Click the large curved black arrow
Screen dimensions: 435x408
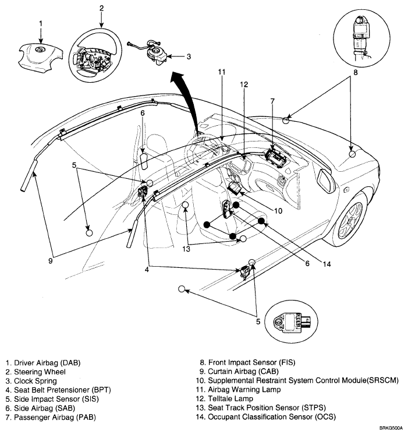[185, 93]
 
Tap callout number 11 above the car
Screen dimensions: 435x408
[221, 72]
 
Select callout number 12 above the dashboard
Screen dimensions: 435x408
[244, 84]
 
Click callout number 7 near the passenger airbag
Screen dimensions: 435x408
[272, 100]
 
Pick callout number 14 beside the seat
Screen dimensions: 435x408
[327, 263]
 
